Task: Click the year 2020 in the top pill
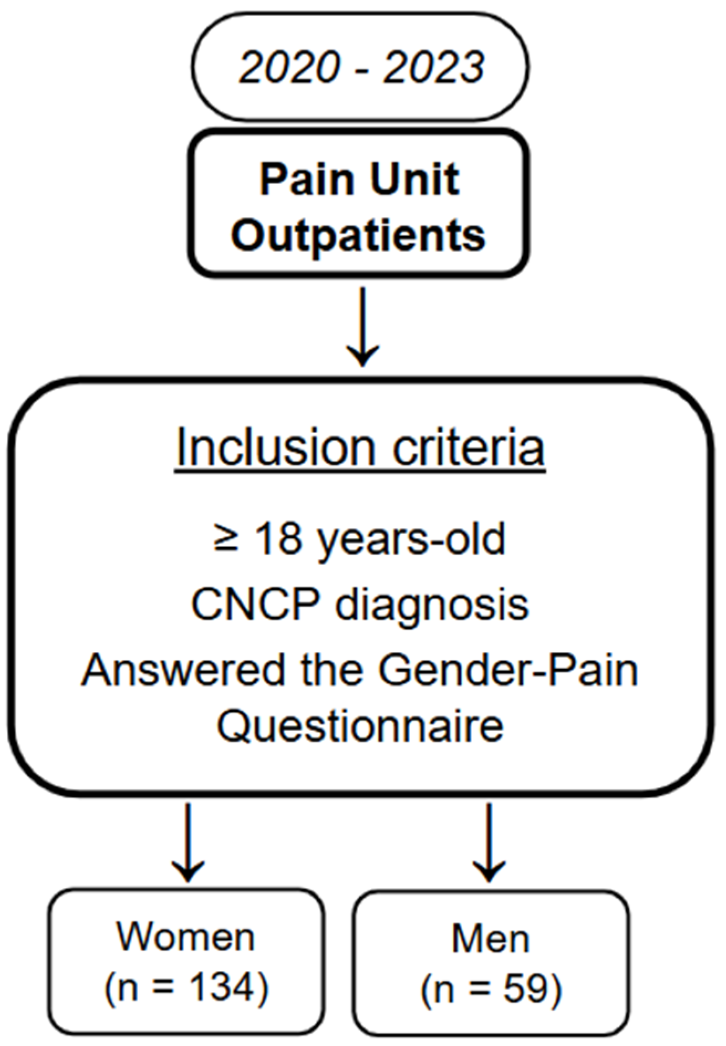click(289, 67)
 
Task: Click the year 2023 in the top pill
click(434, 67)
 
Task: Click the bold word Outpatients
click(359, 236)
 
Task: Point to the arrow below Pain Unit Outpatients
click(362, 326)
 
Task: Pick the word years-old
click(411, 539)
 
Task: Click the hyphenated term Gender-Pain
click(507, 669)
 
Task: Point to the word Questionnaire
click(360, 726)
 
